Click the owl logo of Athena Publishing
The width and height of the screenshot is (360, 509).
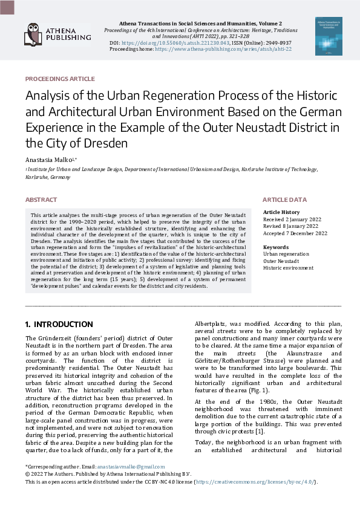pyautogui.click(x=33, y=34)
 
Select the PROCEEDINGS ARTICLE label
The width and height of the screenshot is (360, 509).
pyautogui.click(x=60, y=79)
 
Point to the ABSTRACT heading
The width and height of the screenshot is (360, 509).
pyautogui.click(x=41, y=199)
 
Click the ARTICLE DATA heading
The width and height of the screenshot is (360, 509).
pyautogui.click(x=284, y=199)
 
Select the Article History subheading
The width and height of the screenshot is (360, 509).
pyautogui.click(x=281, y=212)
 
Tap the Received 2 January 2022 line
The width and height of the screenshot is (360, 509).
pyautogui.click(x=293, y=219)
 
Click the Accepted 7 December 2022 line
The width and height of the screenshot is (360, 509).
pyautogui.click(x=295, y=233)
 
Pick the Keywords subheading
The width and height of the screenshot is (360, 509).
pyautogui.click(x=275, y=247)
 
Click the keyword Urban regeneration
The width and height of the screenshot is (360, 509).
pyautogui.click(x=286, y=254)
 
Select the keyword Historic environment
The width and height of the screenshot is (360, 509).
pyautogui.click(x=288, y=268)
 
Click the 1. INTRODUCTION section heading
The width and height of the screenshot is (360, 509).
pyautogui.click(x=59, y=324)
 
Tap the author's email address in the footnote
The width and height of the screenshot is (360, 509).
pyautogui.click(x=132, y=467)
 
